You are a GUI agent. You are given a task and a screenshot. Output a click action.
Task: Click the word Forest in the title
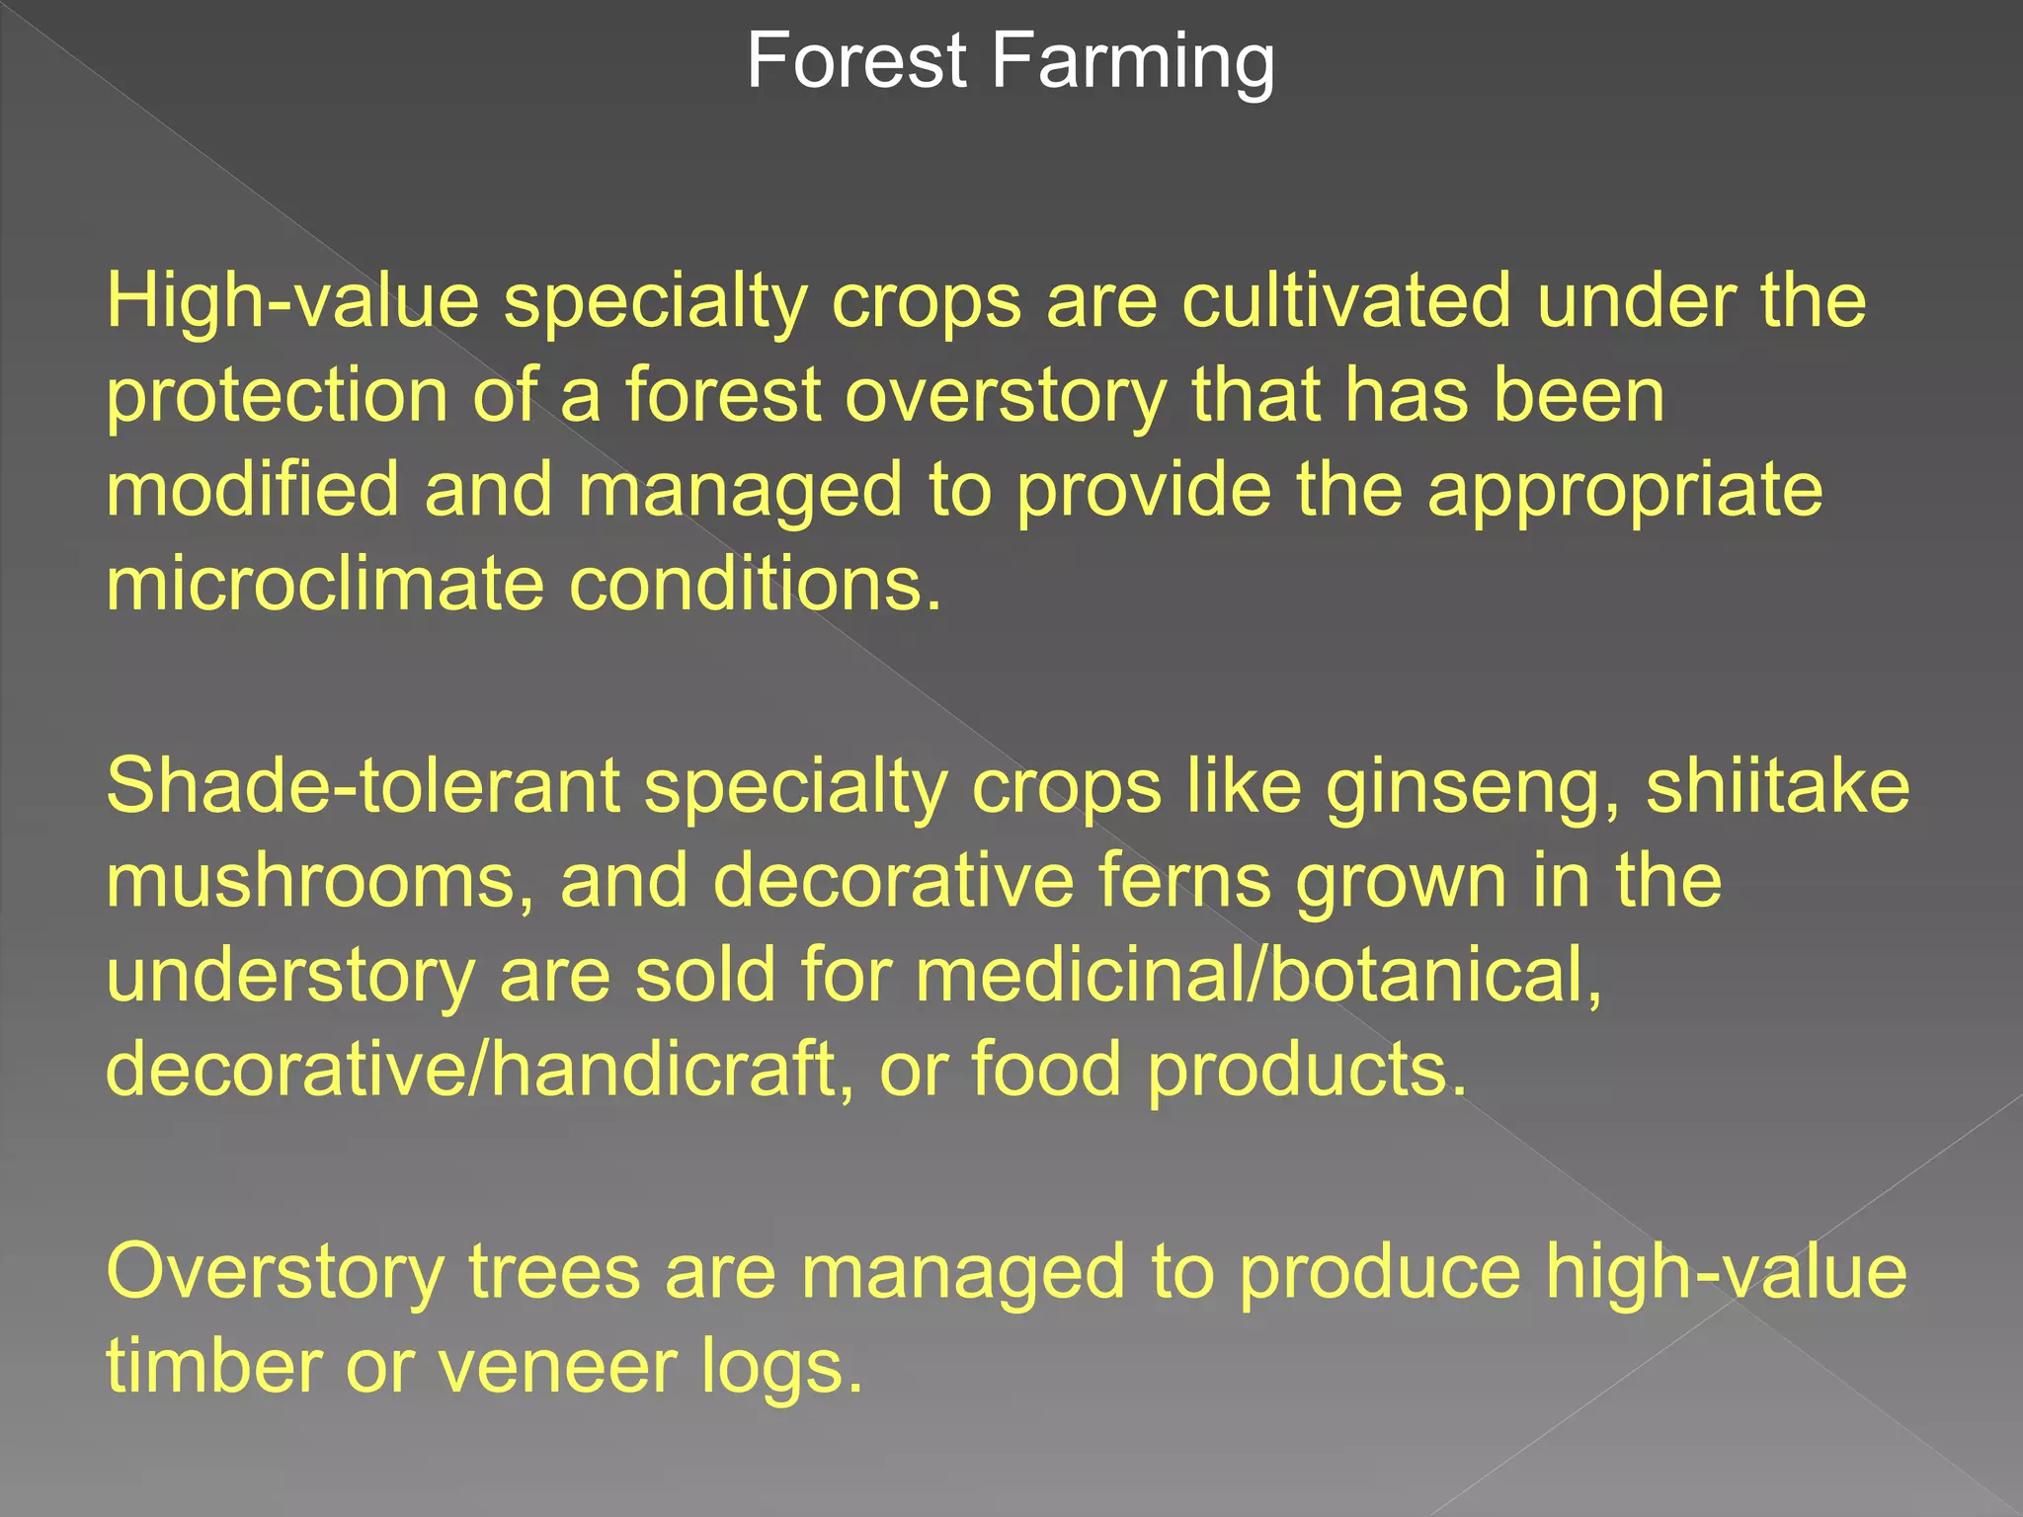[x=855, y=61]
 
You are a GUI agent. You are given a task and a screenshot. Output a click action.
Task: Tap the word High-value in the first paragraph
[x=292, y=300]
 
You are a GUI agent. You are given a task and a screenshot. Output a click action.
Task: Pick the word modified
[x=252, y=490]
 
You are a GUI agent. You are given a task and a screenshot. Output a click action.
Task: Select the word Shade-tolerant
[x=363, y=786]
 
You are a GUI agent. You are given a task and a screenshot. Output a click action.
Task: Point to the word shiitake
[x=1778, y=786]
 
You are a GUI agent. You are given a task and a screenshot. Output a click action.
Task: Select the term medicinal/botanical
[x=1257, y=975]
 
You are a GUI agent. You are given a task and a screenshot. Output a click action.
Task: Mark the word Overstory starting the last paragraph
[x=275, y=1273]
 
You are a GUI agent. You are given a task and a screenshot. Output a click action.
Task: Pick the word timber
[x=213, y=1366]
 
